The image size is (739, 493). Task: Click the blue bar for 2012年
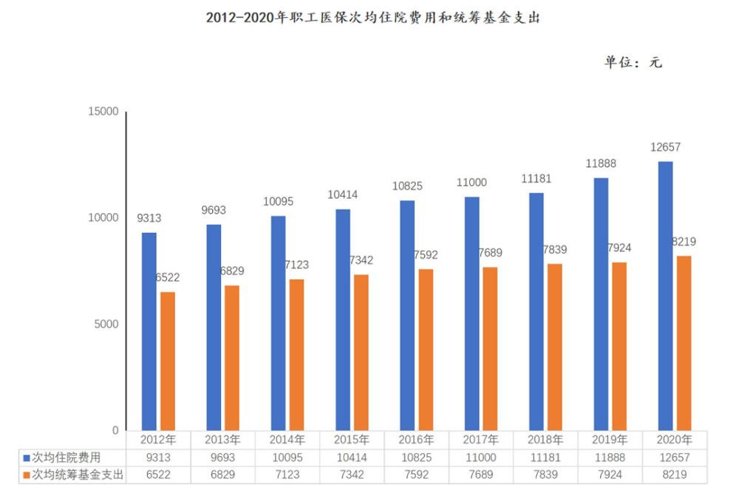point(149,331)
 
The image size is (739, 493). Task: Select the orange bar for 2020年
point(684,343)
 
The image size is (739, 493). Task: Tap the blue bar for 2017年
point(471,313)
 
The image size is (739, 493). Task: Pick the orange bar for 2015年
point(361,353)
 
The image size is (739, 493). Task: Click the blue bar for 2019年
point(601,304)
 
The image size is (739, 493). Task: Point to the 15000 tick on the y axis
point(103,111)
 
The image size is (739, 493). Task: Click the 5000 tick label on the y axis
point(106,324)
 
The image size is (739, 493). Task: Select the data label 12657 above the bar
point(666,147)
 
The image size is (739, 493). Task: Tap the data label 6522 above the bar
point(168,278)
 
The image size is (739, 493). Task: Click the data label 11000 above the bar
point(471,183)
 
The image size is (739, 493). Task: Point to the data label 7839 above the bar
point(555,249)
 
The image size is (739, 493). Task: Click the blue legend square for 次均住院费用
point(27,458)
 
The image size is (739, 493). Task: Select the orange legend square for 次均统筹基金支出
point(27,475)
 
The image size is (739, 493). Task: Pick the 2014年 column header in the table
point(287,440)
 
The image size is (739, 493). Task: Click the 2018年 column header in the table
point(545,440)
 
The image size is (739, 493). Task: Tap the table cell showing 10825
point(416,458)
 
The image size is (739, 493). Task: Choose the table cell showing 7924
point(610,475)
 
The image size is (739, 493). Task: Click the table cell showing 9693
point(222,458)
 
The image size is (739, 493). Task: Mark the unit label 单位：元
point(633,62)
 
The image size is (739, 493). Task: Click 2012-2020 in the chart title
point(240,18)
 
